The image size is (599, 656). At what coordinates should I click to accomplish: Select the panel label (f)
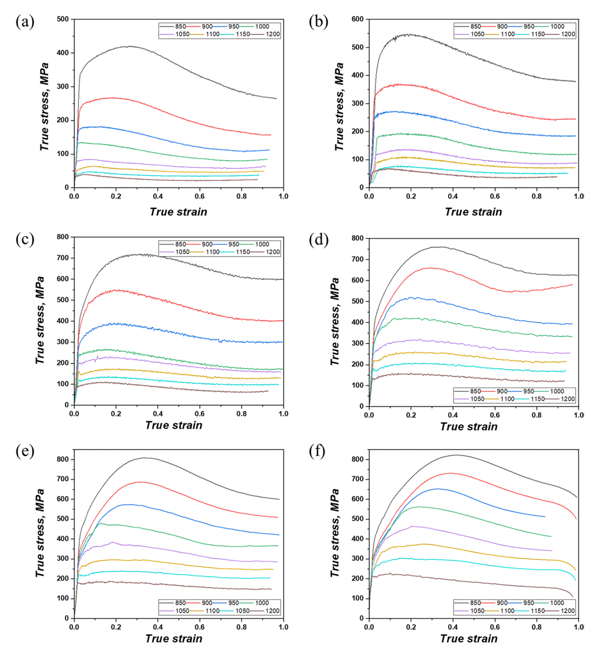point(320,453)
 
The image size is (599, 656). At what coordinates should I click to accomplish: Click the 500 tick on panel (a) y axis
point(63,20)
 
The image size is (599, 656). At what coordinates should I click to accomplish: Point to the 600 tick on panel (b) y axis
point(357,20)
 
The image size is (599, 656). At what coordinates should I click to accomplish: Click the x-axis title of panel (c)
point(174,425)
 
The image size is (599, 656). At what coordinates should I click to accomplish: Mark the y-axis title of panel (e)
point(40,533)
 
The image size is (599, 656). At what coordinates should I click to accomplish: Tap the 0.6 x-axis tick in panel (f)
point(495,627)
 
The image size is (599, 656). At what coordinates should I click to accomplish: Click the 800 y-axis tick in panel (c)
point(63,237)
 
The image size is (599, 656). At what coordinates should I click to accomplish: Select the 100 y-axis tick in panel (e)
point(63,598)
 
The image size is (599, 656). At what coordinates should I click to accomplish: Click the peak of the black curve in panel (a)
point(130,46)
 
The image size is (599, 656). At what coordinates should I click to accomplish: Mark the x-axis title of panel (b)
point(473,212)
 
